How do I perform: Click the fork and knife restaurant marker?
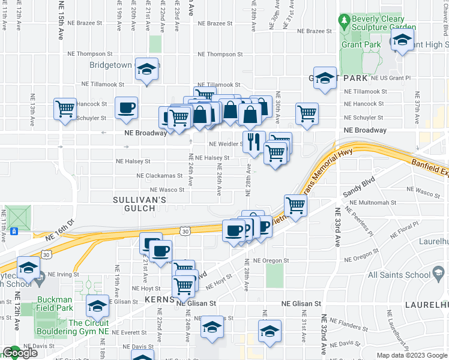point(253,142)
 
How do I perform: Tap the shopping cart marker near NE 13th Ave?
point(65,109)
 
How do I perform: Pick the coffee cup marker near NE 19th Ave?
point(126,108)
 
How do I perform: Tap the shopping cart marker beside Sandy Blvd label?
point(295,205)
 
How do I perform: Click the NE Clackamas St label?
point(159,176)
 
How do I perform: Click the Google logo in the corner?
point(20,353)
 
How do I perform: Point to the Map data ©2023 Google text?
point(412,355)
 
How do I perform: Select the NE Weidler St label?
point(225,144)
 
